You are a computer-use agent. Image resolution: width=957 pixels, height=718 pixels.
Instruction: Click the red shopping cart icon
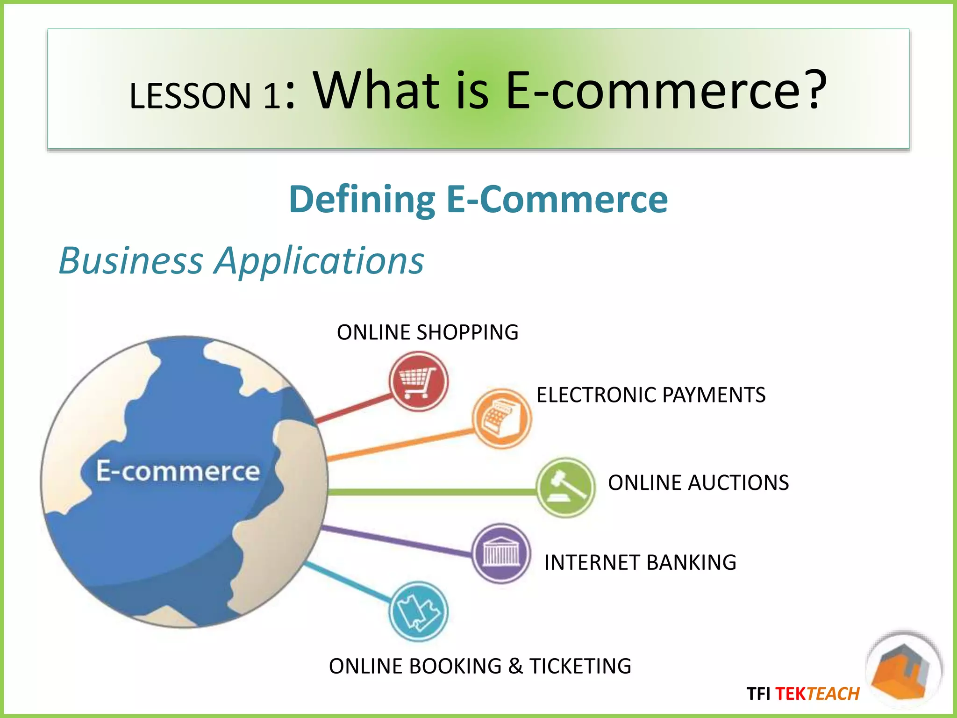pyautogui.click(x=418, y=381)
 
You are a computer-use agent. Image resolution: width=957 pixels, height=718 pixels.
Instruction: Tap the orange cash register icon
pyautogui.click(x=501, y=418)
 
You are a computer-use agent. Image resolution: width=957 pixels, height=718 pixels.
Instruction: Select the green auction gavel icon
pyautogui.click(x=565, y=487)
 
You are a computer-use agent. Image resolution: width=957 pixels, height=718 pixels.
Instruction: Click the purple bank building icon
pyautogui.click(x=501, y=553)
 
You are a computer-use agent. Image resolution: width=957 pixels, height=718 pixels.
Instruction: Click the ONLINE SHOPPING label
pyautogui.click(x=428, y=332)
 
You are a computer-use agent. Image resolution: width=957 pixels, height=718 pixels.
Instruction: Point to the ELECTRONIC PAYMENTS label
pyautogui.click(x=651, y=395)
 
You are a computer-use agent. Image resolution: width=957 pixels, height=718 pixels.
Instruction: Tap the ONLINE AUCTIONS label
pyautogui.click(x=698, y=483)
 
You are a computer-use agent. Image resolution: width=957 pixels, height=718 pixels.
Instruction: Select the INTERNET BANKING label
pyautogui.click(x=640, y=562)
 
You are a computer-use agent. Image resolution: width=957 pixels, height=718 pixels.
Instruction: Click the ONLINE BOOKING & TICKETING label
pyautogui.click(x=480, y=666)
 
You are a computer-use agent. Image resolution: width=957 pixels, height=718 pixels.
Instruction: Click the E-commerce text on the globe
pyautogui.click(x=178, y=471)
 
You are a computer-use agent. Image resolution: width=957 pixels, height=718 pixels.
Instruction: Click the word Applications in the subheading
pyautogui.click(x=319, y=260)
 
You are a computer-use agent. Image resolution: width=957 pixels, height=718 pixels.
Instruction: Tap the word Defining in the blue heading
pyautogui.click(x=362, y=200)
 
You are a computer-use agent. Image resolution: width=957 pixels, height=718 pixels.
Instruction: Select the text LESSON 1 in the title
pyautogui.click(x=205, y=96)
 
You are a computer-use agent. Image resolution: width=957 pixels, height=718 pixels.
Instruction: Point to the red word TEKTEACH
pyautogui.click(x=817, y=694)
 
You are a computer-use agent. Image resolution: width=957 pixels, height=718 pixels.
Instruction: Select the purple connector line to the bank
pyautogui.click(x=397, y=542)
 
